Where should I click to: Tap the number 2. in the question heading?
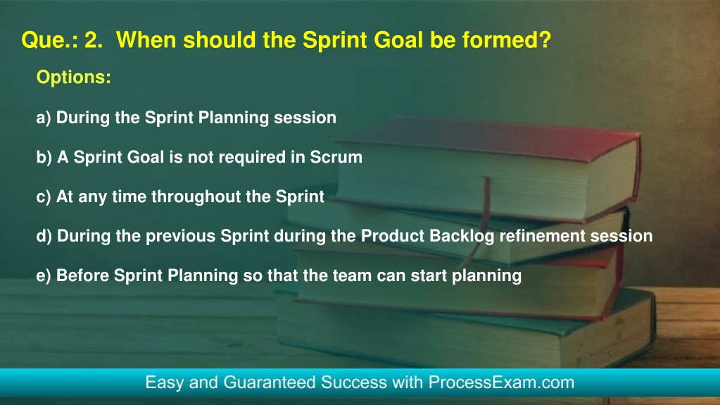pos(94,40)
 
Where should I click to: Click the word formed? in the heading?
pos(507,39)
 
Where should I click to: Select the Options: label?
pos(73,77)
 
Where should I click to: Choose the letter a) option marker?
pos(44,118)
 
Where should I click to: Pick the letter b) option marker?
pos(44,157)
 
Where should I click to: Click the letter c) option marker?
pos(44,197)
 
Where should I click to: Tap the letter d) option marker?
pos(44,236)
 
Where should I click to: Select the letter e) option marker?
pos(44,276)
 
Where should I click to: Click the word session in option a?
pos(305,118)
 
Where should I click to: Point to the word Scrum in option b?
pos(336,157)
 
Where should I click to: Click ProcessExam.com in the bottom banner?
pos(501,382)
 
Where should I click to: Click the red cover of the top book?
pos(487,138)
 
